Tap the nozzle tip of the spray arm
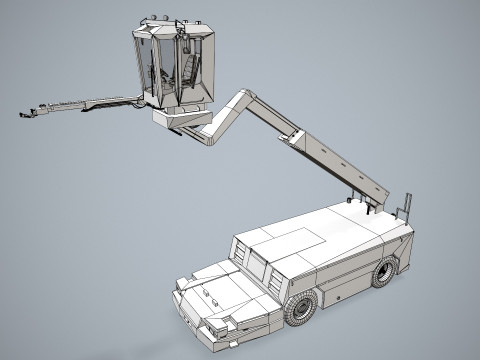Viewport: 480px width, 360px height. (x=23, y=115)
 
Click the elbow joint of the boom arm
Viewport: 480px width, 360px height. (x=246, y=97)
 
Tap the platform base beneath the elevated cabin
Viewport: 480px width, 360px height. (x=180, y=119)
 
